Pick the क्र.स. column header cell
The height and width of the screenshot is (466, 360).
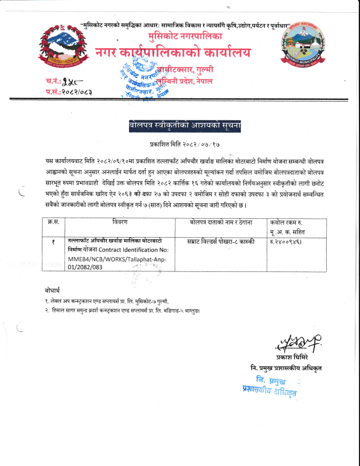tap(53, 222)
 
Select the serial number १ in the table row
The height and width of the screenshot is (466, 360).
tap(53, 241)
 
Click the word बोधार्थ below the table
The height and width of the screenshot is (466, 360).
tap(54, 290)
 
